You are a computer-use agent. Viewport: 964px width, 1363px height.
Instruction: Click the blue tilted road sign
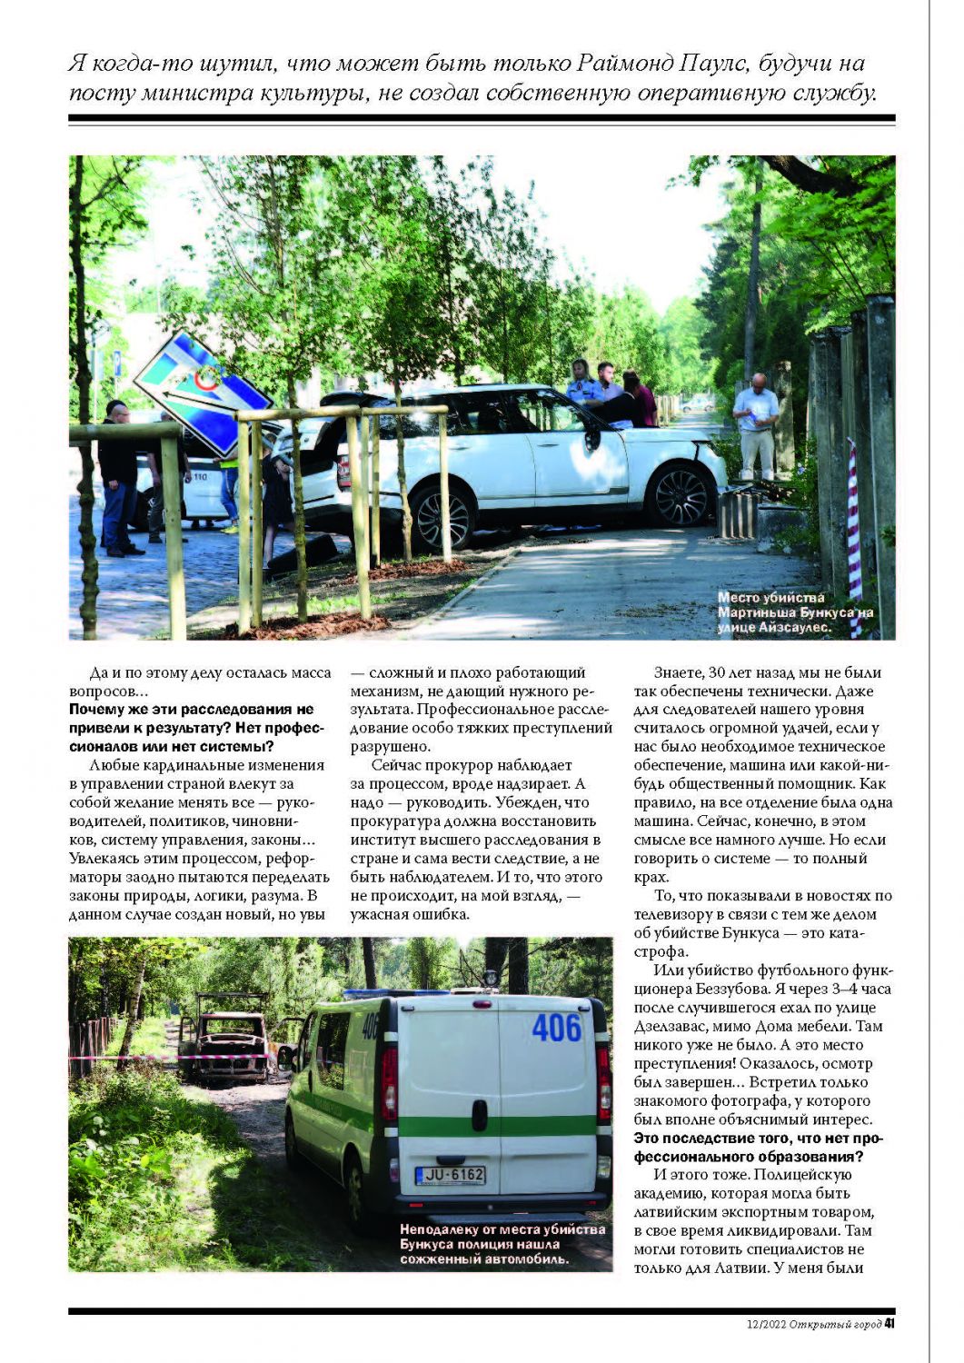point(204,392)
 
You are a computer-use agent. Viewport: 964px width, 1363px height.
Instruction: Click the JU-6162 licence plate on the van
point(450,1175)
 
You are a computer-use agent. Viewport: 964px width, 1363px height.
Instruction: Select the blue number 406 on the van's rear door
point(556,1028)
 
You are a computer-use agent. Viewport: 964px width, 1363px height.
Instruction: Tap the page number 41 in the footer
point(889,1323)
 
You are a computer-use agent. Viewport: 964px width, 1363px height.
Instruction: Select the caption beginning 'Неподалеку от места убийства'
point(502,1244)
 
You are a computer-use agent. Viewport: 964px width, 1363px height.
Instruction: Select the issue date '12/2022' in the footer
point(761,1324)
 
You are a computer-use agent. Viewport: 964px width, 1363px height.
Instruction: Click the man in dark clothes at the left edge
point(118,477)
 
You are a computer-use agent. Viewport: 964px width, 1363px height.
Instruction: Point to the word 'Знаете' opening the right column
point(678,672)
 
